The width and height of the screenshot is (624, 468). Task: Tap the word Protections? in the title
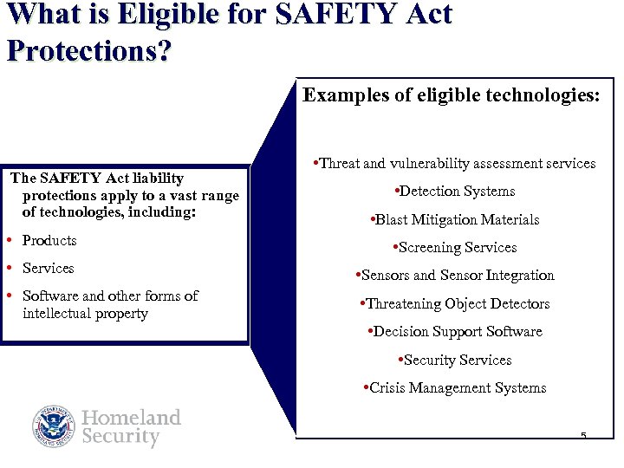pyautogui.click(x=88, y=49)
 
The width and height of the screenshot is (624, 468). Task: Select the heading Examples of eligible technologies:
pyautogui.click(x=450, y=95)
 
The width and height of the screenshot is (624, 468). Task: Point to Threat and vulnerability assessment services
pyautogui.click(x=454, y=163)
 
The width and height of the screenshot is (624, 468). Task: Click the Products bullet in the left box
pyautogui.click(x=49, y=240)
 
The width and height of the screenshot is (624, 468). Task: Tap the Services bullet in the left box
pyautogui.click(x=48, y=268)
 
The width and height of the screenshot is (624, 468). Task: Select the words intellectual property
pyautogui.click(x=85, y=313)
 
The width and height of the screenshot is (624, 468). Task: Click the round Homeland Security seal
pyautogui.click(x=55, y=426)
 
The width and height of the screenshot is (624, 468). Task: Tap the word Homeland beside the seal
pyautogui.click(x=131, y=418)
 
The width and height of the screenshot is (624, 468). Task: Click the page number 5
pyautogui.click(x=583, y=435)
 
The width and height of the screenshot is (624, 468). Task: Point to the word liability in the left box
pyautogui.click(x=157, y=178)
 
